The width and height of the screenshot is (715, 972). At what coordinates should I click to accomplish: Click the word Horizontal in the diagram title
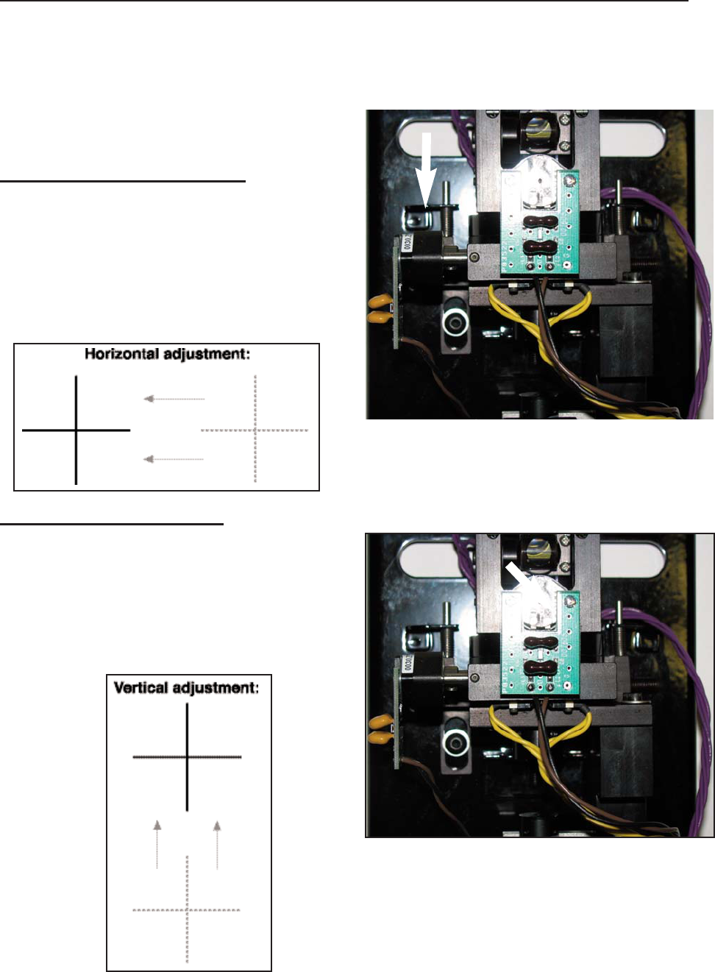[121, 354]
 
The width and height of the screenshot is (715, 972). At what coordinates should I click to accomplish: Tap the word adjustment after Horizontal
[207, 354]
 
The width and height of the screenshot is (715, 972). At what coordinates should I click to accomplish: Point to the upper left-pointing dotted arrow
[174, 399]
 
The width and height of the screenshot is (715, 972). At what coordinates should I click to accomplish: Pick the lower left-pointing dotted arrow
[174, 459]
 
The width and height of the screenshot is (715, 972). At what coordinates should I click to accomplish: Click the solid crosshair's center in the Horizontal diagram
[77, 430]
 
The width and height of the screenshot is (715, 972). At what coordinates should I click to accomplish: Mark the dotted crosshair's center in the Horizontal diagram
[255, 430]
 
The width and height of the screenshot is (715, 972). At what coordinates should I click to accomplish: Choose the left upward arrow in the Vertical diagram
[157, 845]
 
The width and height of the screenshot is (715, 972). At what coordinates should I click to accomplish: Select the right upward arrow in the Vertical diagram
[217, 845]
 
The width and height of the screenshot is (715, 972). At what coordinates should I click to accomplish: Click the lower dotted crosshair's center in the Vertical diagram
[187, 910]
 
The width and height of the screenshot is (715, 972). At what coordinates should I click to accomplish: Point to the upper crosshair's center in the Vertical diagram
[188, 756]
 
